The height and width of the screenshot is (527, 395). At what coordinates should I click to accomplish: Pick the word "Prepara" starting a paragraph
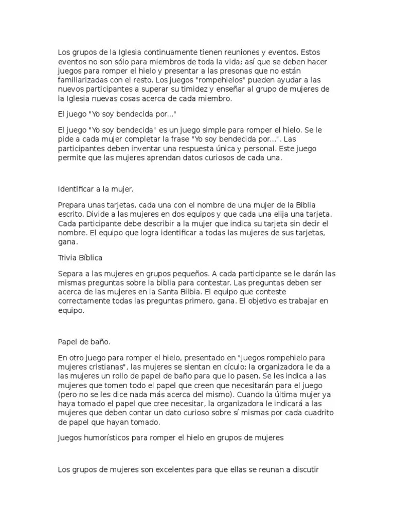point(72,204)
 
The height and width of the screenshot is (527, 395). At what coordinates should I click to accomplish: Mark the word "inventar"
point(135,149)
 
